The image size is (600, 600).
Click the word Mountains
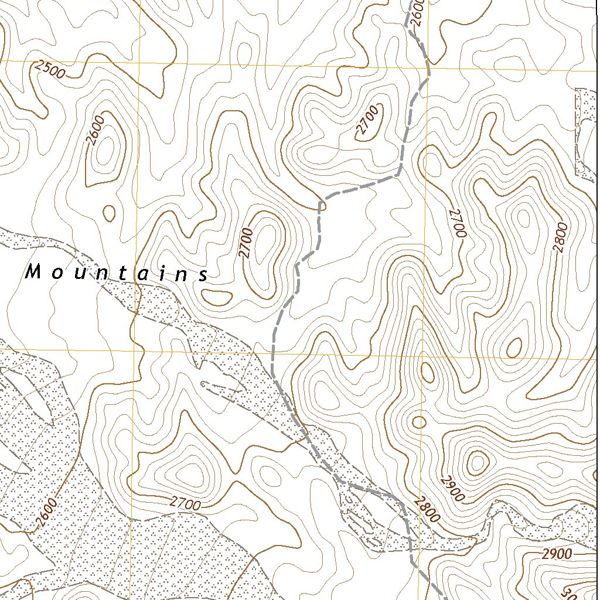[x=118, y=273]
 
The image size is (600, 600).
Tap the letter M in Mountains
[x=33, y=271]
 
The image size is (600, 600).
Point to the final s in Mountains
[x=203, y=275]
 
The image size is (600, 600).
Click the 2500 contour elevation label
[x=49, y=70]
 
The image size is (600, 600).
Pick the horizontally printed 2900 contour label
[x=556, y=554]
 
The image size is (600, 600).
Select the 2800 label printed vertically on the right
[x=561, y=237]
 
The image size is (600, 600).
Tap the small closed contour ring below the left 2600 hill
[x=109, y=213]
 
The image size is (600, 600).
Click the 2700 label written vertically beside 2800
[x=458, y=223]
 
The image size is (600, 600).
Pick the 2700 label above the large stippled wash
[x=186, y=503]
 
